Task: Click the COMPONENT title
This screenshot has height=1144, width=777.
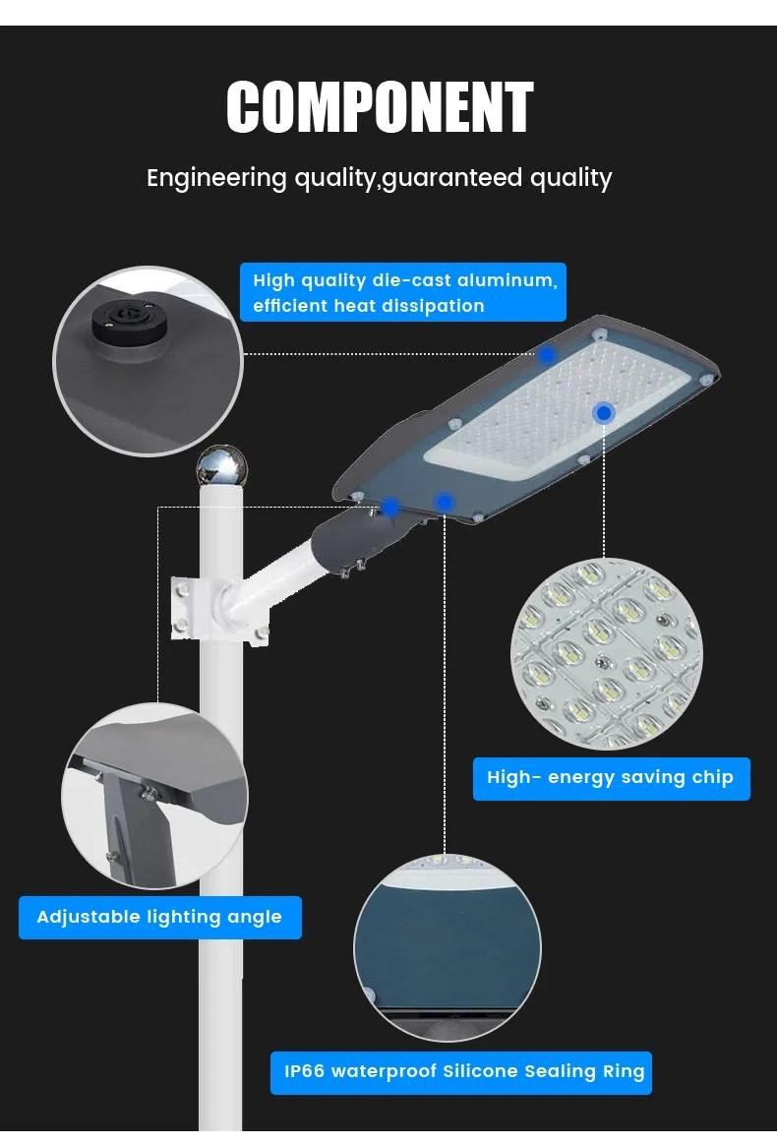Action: [x=380, y=107]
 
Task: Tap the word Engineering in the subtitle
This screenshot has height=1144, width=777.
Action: [x=216, y=179]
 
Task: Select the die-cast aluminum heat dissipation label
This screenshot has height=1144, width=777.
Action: [x=402, y=292]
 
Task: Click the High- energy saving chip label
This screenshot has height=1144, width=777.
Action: [x=612, y=778]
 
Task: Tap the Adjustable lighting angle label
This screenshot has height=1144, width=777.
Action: [x=159, y=917]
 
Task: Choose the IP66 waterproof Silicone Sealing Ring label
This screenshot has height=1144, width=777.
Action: [x=461, y=1072]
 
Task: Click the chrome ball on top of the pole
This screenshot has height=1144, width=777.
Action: [x=222, y=467]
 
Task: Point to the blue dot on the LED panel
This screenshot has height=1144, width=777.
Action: [x=603, y=413]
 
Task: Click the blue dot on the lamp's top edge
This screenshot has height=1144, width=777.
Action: [x=547, y=355]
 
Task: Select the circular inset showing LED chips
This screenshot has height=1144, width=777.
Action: [x=607, y=654]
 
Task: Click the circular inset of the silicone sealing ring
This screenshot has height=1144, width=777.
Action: [x=448, y=947]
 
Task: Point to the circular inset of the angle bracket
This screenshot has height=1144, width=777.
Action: [x=154, y=796]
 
